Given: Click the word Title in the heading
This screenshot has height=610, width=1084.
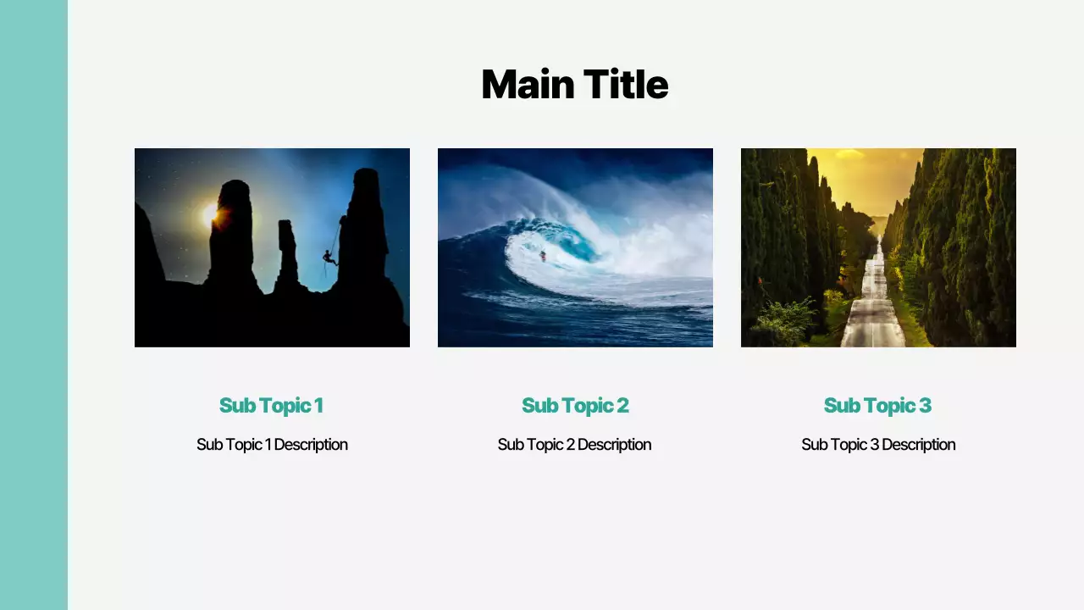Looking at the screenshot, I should coord(621,85).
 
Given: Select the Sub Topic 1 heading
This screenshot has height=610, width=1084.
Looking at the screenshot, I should coord(271,406).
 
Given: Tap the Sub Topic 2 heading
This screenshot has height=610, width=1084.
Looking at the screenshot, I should coord(575,406).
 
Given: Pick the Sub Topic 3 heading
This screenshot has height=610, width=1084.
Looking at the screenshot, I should coord(877,406).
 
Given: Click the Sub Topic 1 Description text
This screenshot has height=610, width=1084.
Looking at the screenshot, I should coord(272,445).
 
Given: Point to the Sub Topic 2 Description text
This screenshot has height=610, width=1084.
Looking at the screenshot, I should coord(574,445).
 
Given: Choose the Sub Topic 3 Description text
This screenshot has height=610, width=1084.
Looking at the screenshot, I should coord(878,445).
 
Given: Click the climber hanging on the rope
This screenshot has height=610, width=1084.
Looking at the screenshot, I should coord(329,257).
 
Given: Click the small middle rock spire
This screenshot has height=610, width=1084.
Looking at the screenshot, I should coord(288,254).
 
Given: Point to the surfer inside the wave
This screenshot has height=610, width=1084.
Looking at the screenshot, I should coord(543,254).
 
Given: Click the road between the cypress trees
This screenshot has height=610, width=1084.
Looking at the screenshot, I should coord(873,313).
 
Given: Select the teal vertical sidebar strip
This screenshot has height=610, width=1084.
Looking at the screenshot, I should coord(34,305).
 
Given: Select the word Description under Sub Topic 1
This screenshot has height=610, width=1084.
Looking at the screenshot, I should coord(311,445).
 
